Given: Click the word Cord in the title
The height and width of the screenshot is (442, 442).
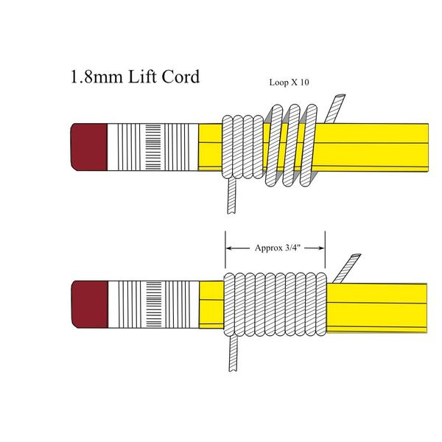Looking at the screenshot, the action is coord(180,77).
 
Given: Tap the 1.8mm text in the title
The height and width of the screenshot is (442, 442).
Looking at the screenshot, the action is coord(97,77).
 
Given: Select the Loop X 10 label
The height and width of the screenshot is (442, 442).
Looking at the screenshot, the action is coord(289,83).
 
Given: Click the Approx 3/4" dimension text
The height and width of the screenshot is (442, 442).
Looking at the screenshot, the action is coord(278,248).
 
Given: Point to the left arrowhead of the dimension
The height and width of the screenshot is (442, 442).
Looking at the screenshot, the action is coord(229,248).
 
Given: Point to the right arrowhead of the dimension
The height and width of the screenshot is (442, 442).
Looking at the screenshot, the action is coord(321,248).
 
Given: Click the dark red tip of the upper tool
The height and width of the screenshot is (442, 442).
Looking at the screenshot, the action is coord(89,147).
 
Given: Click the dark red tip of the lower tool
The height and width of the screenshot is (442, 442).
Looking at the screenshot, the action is coord(90,304).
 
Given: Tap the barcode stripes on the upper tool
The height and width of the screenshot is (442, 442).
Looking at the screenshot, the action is coord(153,147).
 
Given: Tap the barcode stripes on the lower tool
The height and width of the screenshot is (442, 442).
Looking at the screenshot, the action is coord(154,304).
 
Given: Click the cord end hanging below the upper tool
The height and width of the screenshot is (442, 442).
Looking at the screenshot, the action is coord(232,196).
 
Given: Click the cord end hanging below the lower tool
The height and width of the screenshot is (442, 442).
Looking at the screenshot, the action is coord(233,354).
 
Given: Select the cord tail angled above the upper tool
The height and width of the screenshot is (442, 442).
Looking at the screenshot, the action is coord(334,109).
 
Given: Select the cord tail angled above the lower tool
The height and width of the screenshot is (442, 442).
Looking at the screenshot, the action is coord(347,268).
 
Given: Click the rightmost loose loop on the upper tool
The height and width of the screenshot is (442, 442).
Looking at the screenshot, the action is coord(309,145).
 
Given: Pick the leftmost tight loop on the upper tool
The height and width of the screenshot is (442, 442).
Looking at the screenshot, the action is coord(228,147).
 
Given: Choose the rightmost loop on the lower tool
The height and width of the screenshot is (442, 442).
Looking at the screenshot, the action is coord(321,304).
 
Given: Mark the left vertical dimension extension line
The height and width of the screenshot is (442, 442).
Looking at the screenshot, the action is coord(225,250).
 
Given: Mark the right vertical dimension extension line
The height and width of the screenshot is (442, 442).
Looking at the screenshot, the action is coord(326,250).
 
